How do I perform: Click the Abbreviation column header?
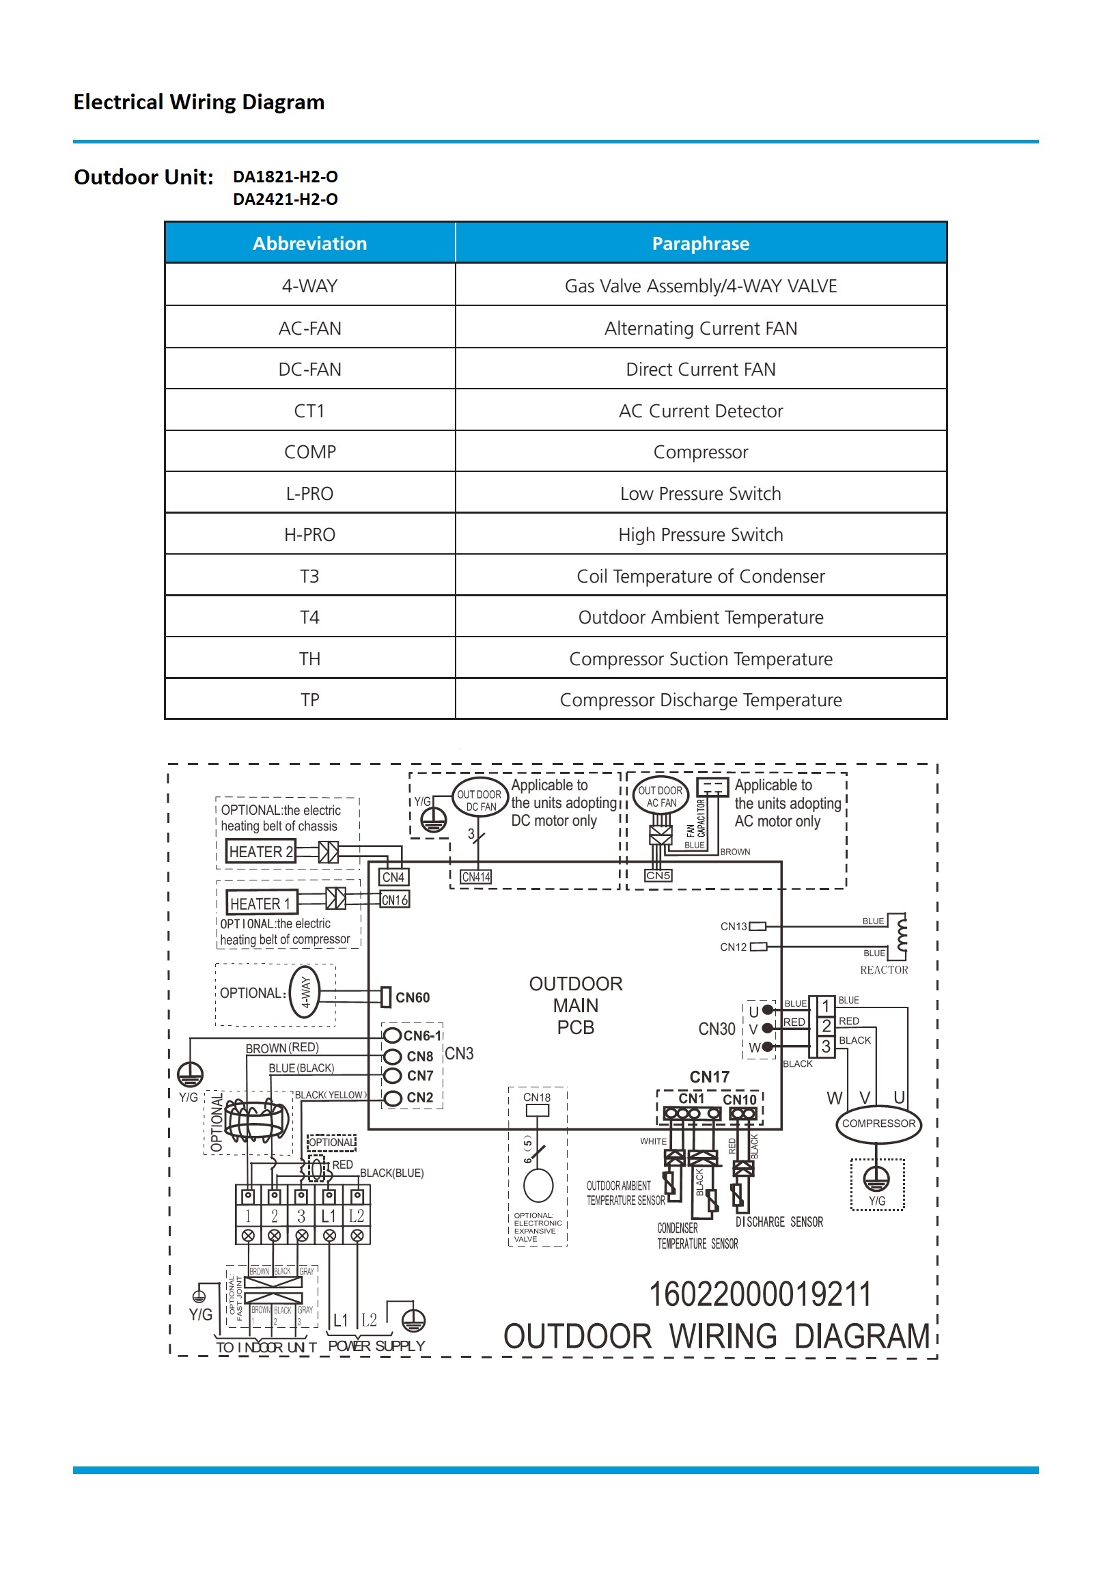coord(309,243)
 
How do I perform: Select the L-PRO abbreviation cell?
coord(309,493)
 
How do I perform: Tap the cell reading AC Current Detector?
coord(700,411)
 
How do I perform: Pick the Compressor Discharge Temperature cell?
coord(700,699)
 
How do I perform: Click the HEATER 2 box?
coord(261,852)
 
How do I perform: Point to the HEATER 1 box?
coord(261,904)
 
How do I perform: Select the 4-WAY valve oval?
coord(305,991)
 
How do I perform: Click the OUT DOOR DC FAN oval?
coord(479,800)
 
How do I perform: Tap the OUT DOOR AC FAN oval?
coord(661,796)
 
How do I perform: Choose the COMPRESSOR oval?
coord(878,1124)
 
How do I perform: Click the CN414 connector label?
coord(476,877)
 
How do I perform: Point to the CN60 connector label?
coord(413,997)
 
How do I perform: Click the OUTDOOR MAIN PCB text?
coord(576,1005)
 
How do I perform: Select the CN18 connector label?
coord(536,1097)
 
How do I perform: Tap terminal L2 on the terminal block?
coord(357,1216)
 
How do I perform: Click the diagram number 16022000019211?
coord(760,1294)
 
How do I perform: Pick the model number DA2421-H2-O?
coord(285,199)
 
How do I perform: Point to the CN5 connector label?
coord(658,876)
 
